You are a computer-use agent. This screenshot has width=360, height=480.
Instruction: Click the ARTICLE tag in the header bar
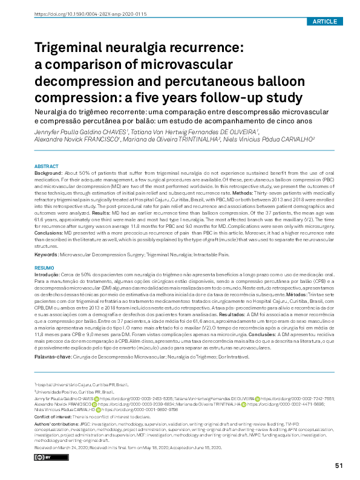point(325,22)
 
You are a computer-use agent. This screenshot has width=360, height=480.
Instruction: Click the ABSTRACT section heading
point(47,166)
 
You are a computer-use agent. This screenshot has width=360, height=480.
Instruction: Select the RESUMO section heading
point(44,267)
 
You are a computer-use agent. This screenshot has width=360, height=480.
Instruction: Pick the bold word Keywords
point(46,255)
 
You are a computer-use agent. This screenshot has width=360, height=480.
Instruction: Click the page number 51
point(339,465)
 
